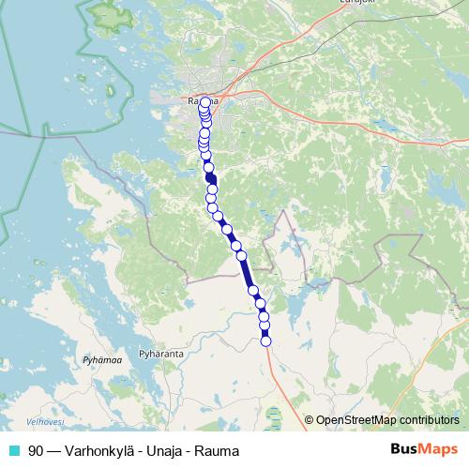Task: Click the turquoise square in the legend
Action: click(15, 451)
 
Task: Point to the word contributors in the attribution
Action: click(429, 420)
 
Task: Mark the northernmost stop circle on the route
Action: click(205, 102)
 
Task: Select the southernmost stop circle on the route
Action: click(265, 341)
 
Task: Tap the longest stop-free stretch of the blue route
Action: click(247, 272)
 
